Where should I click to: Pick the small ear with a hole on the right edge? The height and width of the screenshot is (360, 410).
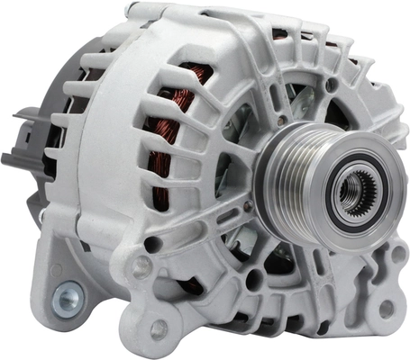coord(397,256)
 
